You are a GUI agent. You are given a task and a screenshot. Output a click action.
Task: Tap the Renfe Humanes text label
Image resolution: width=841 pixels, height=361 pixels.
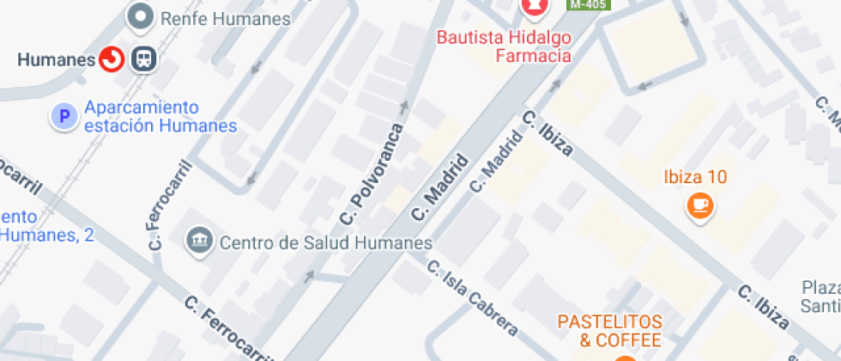pyautogui.click(x=225, y=18)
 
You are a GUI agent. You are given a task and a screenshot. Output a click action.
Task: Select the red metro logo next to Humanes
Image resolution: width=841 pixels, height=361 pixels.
pyautogui.click(x=112, y=59)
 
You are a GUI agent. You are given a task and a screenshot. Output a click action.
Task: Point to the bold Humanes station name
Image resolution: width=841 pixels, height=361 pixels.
pyautogui.click(x=56, y=59)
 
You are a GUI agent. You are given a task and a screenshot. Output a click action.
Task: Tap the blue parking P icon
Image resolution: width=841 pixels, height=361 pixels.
pyautogui.click(x=63, y=116)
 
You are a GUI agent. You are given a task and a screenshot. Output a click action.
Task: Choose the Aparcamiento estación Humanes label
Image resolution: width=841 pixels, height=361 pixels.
pyautogui.click(x=160, y=117)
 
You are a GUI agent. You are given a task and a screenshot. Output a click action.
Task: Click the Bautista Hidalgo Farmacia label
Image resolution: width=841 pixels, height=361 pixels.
pyautogui.click(x=504, y=46)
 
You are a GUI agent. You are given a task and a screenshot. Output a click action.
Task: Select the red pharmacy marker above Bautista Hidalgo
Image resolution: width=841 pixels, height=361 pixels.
pyautogui.click(x=534, y=8)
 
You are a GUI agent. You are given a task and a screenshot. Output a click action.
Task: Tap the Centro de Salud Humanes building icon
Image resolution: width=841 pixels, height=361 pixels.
pyautogui.click(x=199, y=242)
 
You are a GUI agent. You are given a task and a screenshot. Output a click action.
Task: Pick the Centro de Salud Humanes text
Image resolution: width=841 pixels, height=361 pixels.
pyautogui.click(x=326, y=242)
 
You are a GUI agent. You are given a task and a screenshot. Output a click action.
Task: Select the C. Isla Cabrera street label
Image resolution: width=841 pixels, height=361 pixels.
pyautogui.click(x=473, y=297)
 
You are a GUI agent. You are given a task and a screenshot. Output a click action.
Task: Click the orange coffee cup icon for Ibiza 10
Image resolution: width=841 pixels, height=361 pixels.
pyautogui.click(x=700, y=205)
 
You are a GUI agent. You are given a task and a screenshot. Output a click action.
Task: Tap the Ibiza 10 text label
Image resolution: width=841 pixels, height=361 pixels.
pyautogui.click(x=695, y=178)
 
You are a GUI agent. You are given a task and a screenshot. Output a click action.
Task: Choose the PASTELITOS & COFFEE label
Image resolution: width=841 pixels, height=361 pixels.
pyautogui.click(x=609, y=331)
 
